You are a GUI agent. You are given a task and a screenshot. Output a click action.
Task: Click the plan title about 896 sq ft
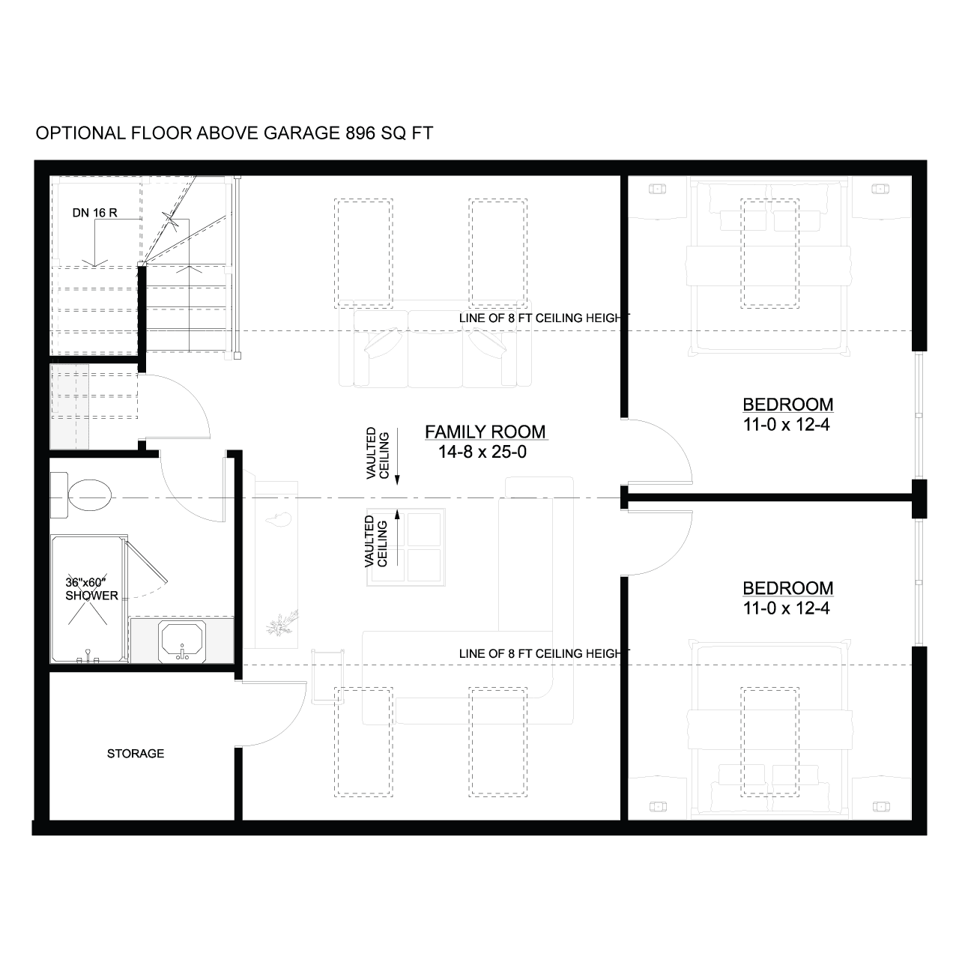tap(234, 133)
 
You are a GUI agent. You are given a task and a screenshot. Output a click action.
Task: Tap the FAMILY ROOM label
tap(485, 432)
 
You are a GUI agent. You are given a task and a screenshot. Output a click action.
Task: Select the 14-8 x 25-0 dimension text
tap(482, 452)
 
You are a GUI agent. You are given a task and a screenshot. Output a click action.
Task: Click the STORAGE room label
tap(136, 754)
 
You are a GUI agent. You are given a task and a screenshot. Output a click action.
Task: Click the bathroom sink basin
tap(181, 641)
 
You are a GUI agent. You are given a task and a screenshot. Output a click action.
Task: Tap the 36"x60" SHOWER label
tap(91, 589)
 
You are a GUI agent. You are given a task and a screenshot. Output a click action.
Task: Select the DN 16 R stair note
tap(94, 213)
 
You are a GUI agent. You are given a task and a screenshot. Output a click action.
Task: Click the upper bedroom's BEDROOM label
tap(787, 404)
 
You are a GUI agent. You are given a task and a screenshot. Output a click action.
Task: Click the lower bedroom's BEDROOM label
tap(787, 587)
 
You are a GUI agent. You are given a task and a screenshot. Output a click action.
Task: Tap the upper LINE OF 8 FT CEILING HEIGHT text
tap(544, 318)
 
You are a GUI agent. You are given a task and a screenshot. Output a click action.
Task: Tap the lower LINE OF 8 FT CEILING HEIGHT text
tap(544, 653)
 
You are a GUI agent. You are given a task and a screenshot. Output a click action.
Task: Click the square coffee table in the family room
tap(406, 547)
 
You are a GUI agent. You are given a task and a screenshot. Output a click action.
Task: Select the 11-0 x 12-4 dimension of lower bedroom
tap(787, 608)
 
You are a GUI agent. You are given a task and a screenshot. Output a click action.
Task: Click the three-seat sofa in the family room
tap(435, 343)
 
